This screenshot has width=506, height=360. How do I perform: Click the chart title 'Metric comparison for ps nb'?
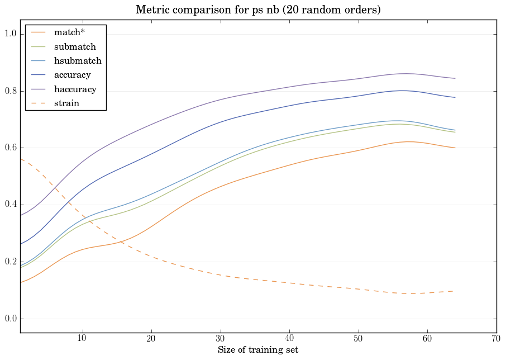click(x=259, y=10)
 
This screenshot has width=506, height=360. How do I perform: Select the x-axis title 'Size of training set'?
click(x=258, y=350)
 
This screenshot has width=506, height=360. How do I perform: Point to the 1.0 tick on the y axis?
click(x=11, y=35)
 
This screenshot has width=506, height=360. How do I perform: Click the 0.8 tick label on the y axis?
click(x=11, y=92)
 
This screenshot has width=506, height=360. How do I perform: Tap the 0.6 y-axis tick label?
click(x=11, y=148)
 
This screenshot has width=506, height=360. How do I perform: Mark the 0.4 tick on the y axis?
click(x=11, y=205)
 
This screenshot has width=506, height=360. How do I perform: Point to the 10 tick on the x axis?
click(x=82, y=339)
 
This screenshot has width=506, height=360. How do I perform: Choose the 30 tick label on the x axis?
click(x=220, y=339)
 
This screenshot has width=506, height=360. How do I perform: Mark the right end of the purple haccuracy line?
click(x=455, y=78)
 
